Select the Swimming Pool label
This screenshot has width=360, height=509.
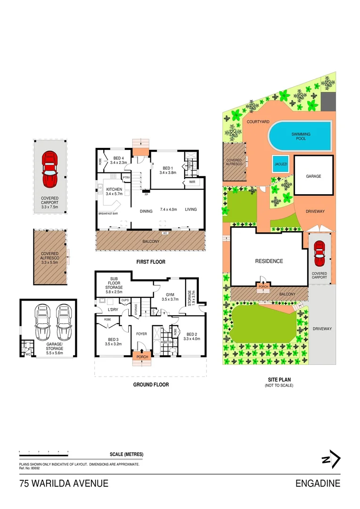pyautogui.click(x=301, y=137)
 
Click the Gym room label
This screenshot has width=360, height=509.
pyautogui.click(x=170, y=296)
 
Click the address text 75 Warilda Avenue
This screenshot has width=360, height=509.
pyautogui.click(x=64, y=483)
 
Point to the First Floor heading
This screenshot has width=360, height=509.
pyautogui.click(x=150, y=262)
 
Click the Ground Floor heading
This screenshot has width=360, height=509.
pyautogui.click(x=150, y=385)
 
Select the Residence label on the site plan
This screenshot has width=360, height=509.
pyautogui.click(x=269, y=261)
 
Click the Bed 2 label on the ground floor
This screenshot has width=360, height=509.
pyautogui.click(x=191, y=336)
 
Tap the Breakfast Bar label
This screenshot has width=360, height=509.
pyautogui.click(x=108, y=213)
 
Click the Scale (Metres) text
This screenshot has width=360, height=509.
pyautogui.click(x=126, y=454)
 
